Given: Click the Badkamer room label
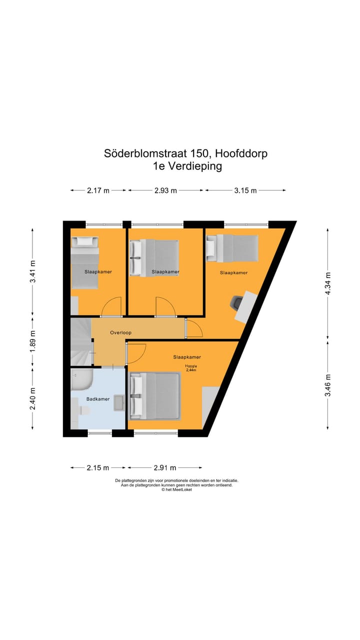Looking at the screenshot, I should pos(98,399).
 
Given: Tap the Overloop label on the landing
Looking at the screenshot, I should pos(120,332).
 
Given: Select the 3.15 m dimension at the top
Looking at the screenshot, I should pos(245,190).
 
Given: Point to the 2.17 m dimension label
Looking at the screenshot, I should pos(98,190).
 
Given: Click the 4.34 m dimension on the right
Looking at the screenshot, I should pos(328,283).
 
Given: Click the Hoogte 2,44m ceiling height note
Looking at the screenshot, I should pos(191,368).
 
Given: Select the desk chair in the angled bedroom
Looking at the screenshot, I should pos(236,303).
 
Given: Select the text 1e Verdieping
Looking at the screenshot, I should pos(187,166).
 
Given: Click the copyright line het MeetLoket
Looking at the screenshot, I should pos(176,490).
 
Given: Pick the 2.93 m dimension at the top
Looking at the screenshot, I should pos(165,190).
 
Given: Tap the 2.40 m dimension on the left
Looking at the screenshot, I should pos(33,398).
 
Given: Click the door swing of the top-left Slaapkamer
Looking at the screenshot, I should pos(112,306).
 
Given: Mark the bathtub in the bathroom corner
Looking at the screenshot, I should pos(80,381).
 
